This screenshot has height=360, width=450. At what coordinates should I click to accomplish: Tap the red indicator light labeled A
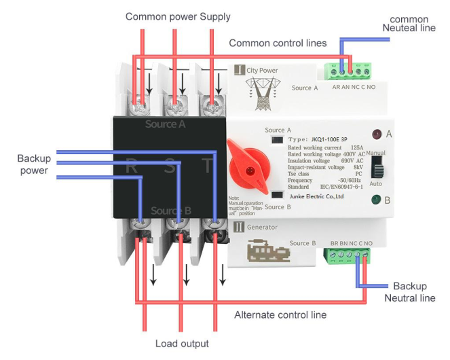tap(376, 134)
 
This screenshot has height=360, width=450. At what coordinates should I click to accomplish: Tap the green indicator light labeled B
tap(375, 200)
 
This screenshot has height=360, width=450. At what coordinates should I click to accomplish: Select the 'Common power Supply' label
tap(178, 17)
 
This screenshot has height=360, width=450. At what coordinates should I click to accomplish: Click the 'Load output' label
tap(182, 344)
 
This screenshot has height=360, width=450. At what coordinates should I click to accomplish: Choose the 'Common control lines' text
tap(278, 43)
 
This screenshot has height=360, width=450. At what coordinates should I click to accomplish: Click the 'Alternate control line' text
tap(280, 314)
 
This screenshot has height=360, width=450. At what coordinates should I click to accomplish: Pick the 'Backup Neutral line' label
tap(409, 292)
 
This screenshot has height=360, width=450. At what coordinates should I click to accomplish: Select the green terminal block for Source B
tap(348, 255)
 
